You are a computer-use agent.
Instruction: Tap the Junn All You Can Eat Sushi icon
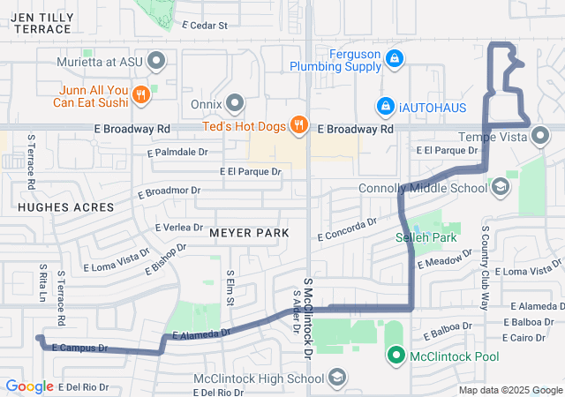point(139,94)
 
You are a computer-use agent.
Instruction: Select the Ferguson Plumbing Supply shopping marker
point(395,58)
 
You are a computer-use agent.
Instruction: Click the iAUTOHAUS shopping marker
point(385,106)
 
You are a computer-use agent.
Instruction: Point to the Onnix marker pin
point(235,104)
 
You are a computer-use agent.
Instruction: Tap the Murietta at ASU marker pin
point(157,61)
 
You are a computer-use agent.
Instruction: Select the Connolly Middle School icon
point(501,187)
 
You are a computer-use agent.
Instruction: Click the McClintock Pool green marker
point(394,356)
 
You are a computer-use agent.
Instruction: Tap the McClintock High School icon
point(336,379)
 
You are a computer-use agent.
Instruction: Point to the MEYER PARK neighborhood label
point(249,233)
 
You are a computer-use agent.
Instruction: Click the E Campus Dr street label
point(80,348)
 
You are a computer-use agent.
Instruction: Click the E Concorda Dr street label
point(347,230)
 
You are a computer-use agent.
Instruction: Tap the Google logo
point(29,386)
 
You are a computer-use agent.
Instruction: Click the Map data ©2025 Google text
point(510,390)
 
